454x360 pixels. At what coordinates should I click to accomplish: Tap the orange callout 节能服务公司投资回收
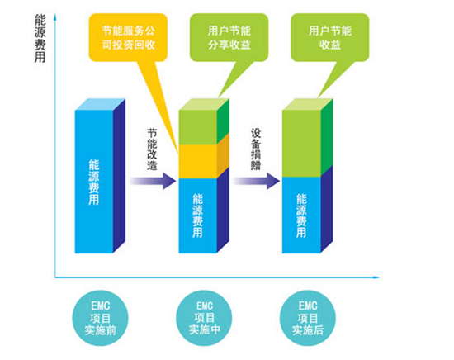tap(123, 35)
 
